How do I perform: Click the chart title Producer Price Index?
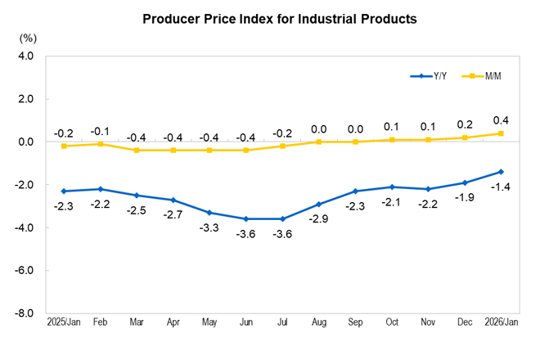click(x=279, y=18)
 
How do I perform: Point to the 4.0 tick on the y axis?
click(x=24, y=56)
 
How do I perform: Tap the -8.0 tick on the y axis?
click(x=24, y=313)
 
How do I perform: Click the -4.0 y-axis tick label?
click(x=24, y=227)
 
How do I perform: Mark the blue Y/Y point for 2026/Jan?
click(x=501, y=172)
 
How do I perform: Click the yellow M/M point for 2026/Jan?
click(x=501, y=133)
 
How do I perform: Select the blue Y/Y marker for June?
click(x=245, y=218)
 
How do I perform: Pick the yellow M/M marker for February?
click(x=100, y=144)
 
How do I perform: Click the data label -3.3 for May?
click(x=209, y=227)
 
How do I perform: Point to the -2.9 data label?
click(x=318, y=218)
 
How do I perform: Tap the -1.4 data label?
click(x=501, y=187)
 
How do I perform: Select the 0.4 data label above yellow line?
click(x=501, y=119)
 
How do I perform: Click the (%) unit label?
click(x=28, y=38)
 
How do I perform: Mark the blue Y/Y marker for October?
click(x=391, y=187)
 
